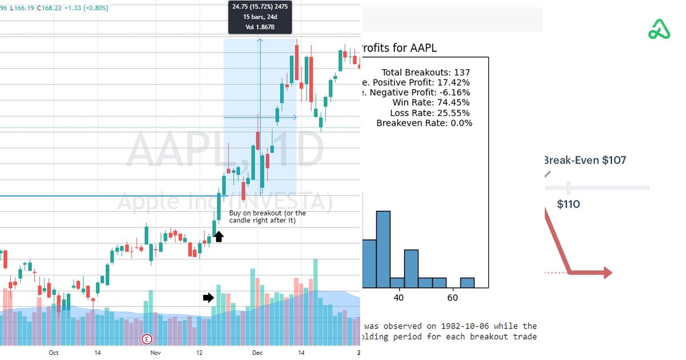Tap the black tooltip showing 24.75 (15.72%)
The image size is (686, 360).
260,17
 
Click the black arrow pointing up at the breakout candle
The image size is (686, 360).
219,235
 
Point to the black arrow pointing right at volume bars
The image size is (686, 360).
208,297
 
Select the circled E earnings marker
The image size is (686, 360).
147,339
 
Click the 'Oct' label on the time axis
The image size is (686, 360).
54,353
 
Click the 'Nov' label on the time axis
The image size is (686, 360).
155,353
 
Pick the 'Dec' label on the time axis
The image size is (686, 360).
257,353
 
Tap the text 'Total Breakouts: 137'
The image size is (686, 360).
425,73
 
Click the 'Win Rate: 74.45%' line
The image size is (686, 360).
431,103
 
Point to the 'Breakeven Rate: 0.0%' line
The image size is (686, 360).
424,123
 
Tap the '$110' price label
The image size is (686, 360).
568,204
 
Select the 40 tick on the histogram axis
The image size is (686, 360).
398,298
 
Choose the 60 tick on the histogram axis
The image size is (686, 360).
453,298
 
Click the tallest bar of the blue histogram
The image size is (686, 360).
383,249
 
